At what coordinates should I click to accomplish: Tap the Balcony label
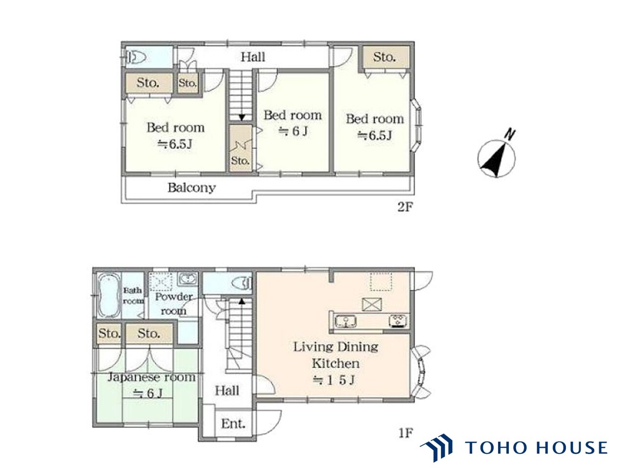tap(191, 188)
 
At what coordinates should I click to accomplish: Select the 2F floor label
tap(405, 207)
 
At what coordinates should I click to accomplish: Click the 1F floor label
tap(405, 433)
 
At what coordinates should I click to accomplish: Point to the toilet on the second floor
tap(135, 58)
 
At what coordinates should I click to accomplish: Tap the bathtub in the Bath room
tap(108, 295)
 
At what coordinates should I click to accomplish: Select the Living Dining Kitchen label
tap(336, 355)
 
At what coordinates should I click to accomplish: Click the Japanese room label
tap(151, 377)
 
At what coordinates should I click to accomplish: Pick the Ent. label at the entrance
tap(233, 424)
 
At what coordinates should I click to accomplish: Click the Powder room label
tap(173, 304)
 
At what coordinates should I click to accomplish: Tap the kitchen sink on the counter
tap(346, 322)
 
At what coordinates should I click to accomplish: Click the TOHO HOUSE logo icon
tap(436, 448)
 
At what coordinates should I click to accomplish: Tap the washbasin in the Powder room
tap(187, 279)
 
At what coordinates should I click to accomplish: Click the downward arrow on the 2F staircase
tap(242, 117)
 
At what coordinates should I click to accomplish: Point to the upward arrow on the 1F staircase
tap(242, 301)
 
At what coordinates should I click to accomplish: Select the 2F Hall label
tap(253, 57)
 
